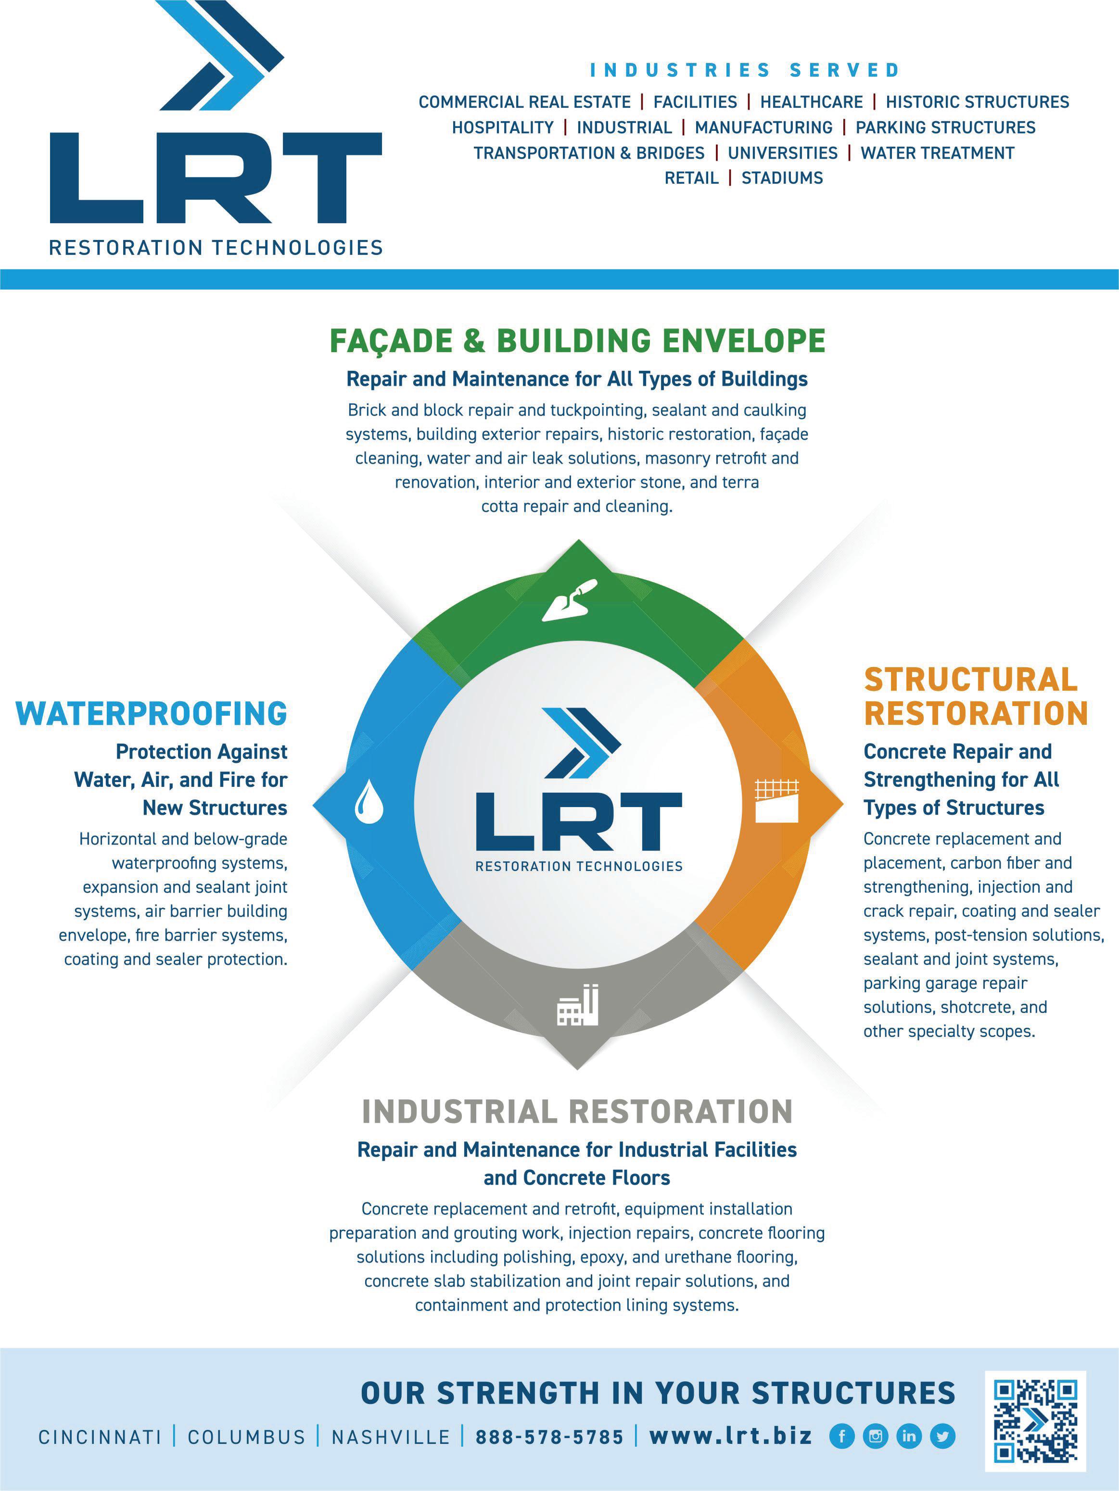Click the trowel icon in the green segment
tap(570, 599)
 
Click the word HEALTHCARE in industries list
tap(811, 102)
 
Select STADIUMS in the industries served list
tap(782, 178)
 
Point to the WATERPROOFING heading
tap(152, 714)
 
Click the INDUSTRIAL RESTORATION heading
tap(577, 1112)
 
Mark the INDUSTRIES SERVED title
tap(745, 70)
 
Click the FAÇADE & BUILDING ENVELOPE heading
tap(577, 341)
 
